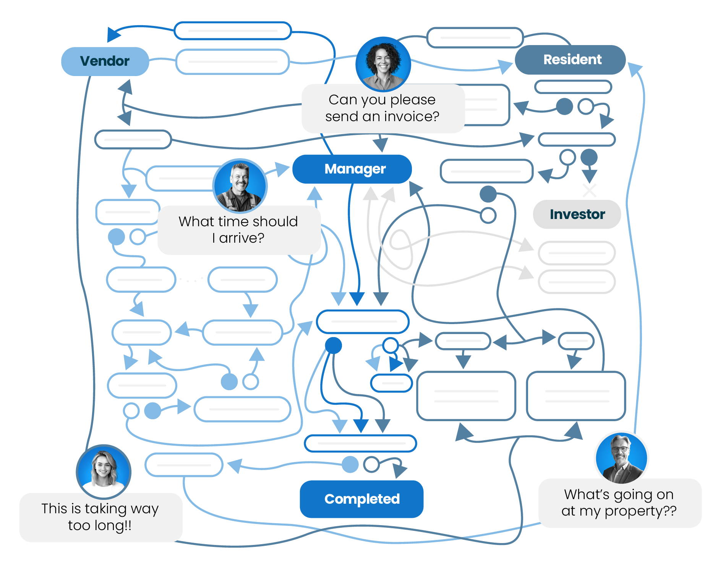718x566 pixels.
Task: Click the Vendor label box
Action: point(105,61)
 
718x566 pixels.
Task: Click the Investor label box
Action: point(577,214)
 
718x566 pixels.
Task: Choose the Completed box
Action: point(361,499)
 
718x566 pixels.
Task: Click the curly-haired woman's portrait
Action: point(383,64)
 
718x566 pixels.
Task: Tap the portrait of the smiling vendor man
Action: point(240,186)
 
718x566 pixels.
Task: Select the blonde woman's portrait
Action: point(104,471)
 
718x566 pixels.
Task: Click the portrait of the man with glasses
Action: point(621,458)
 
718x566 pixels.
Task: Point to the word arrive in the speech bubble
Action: point(241,238)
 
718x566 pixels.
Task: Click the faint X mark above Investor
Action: point(589,190)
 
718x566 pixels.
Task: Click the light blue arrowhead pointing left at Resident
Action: point(635,69)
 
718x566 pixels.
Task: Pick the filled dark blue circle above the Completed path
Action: point(333,345)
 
